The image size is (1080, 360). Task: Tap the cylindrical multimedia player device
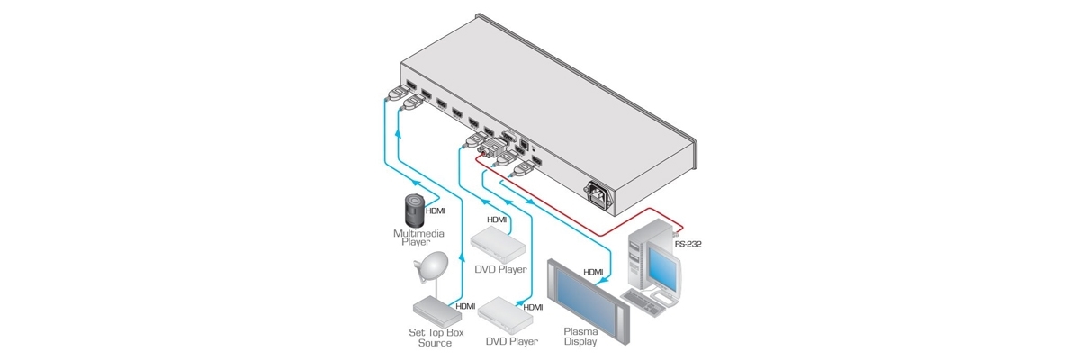[x=412, y=208]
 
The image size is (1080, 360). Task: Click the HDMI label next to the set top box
[x=465, y=306]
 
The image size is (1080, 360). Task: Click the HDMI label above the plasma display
[x=593, y=270]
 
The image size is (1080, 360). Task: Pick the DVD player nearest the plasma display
[x=507, y=311]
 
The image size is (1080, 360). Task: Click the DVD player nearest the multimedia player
[x=498, y=238]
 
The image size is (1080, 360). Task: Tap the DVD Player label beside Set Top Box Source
[x=512, y=341]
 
